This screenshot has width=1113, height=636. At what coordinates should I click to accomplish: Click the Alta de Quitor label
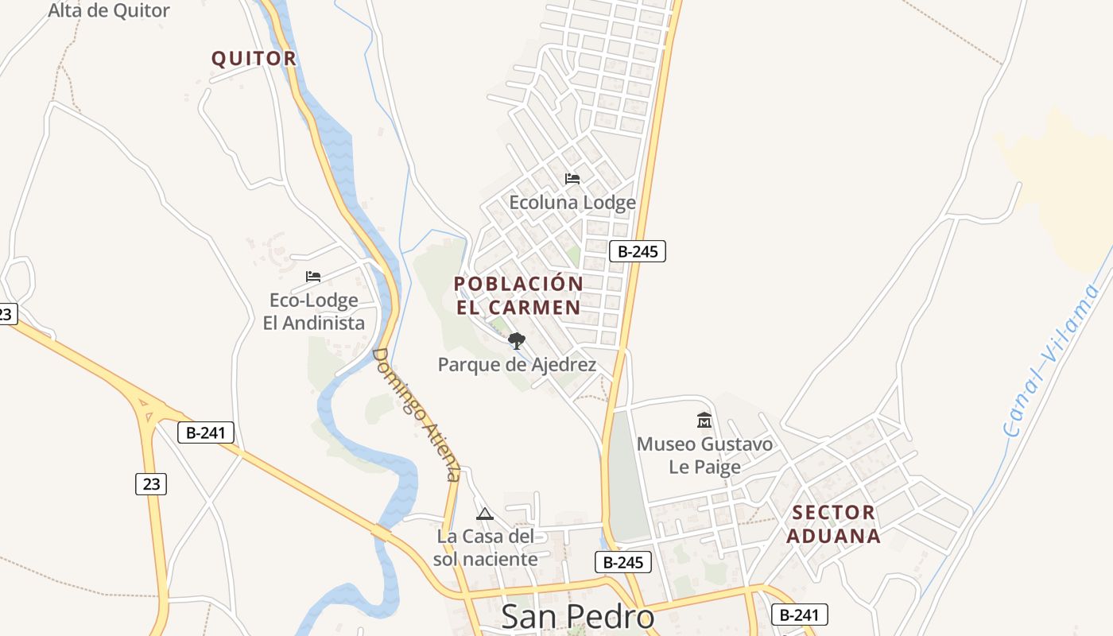pyautogui.click(x=109, y=11)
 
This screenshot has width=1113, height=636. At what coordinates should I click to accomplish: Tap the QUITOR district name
pyautogui.click(x=254, y=58)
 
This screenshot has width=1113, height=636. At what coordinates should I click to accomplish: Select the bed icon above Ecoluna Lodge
pyautogui.click(x=572, y=179)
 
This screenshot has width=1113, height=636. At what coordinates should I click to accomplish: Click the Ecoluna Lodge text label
pyautogui.click(x=572, y=203)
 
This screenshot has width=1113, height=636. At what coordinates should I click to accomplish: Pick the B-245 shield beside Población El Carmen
pyautogui.click(x=637, y=251)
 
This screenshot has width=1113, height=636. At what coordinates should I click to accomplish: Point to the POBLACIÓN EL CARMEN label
pyautogui.click(x=518, y=295)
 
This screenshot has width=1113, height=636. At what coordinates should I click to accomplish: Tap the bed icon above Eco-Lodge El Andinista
pyautogui.click(x=313, y=277)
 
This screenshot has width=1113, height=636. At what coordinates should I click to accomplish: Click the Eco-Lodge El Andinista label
pyautogui.click(x=314, y=312)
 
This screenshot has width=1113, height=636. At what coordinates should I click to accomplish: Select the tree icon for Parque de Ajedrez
pyautogui.click(x=517, y=341)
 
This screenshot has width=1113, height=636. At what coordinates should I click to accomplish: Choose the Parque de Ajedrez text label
pyautogui.click(x=517, y=365)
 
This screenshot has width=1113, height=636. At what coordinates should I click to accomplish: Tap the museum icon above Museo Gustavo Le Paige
pyautogui.click(x=704, y=420)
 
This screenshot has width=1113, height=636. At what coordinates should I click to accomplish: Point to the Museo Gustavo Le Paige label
pyautogui.click(x=704, y=455)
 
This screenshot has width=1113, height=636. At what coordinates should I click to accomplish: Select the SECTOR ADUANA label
pyautogui.click(x=834, y=524)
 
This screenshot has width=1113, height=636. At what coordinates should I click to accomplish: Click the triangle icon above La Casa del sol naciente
pyautogui.click(x=485, y=514)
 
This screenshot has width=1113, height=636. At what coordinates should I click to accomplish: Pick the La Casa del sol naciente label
pyautogui.click(x=485, y=548)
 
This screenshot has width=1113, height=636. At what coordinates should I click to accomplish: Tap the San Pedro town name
pyautogui.click(x=578, y=617)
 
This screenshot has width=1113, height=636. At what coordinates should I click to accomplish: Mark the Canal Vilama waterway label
pyautogui.click(x=1052, y=360)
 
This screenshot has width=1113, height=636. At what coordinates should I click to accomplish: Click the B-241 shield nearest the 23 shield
pyautogui.click(x=205, y=432)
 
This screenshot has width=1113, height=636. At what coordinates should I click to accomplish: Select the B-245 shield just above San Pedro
pyautogui.click(x=623, y=562)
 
